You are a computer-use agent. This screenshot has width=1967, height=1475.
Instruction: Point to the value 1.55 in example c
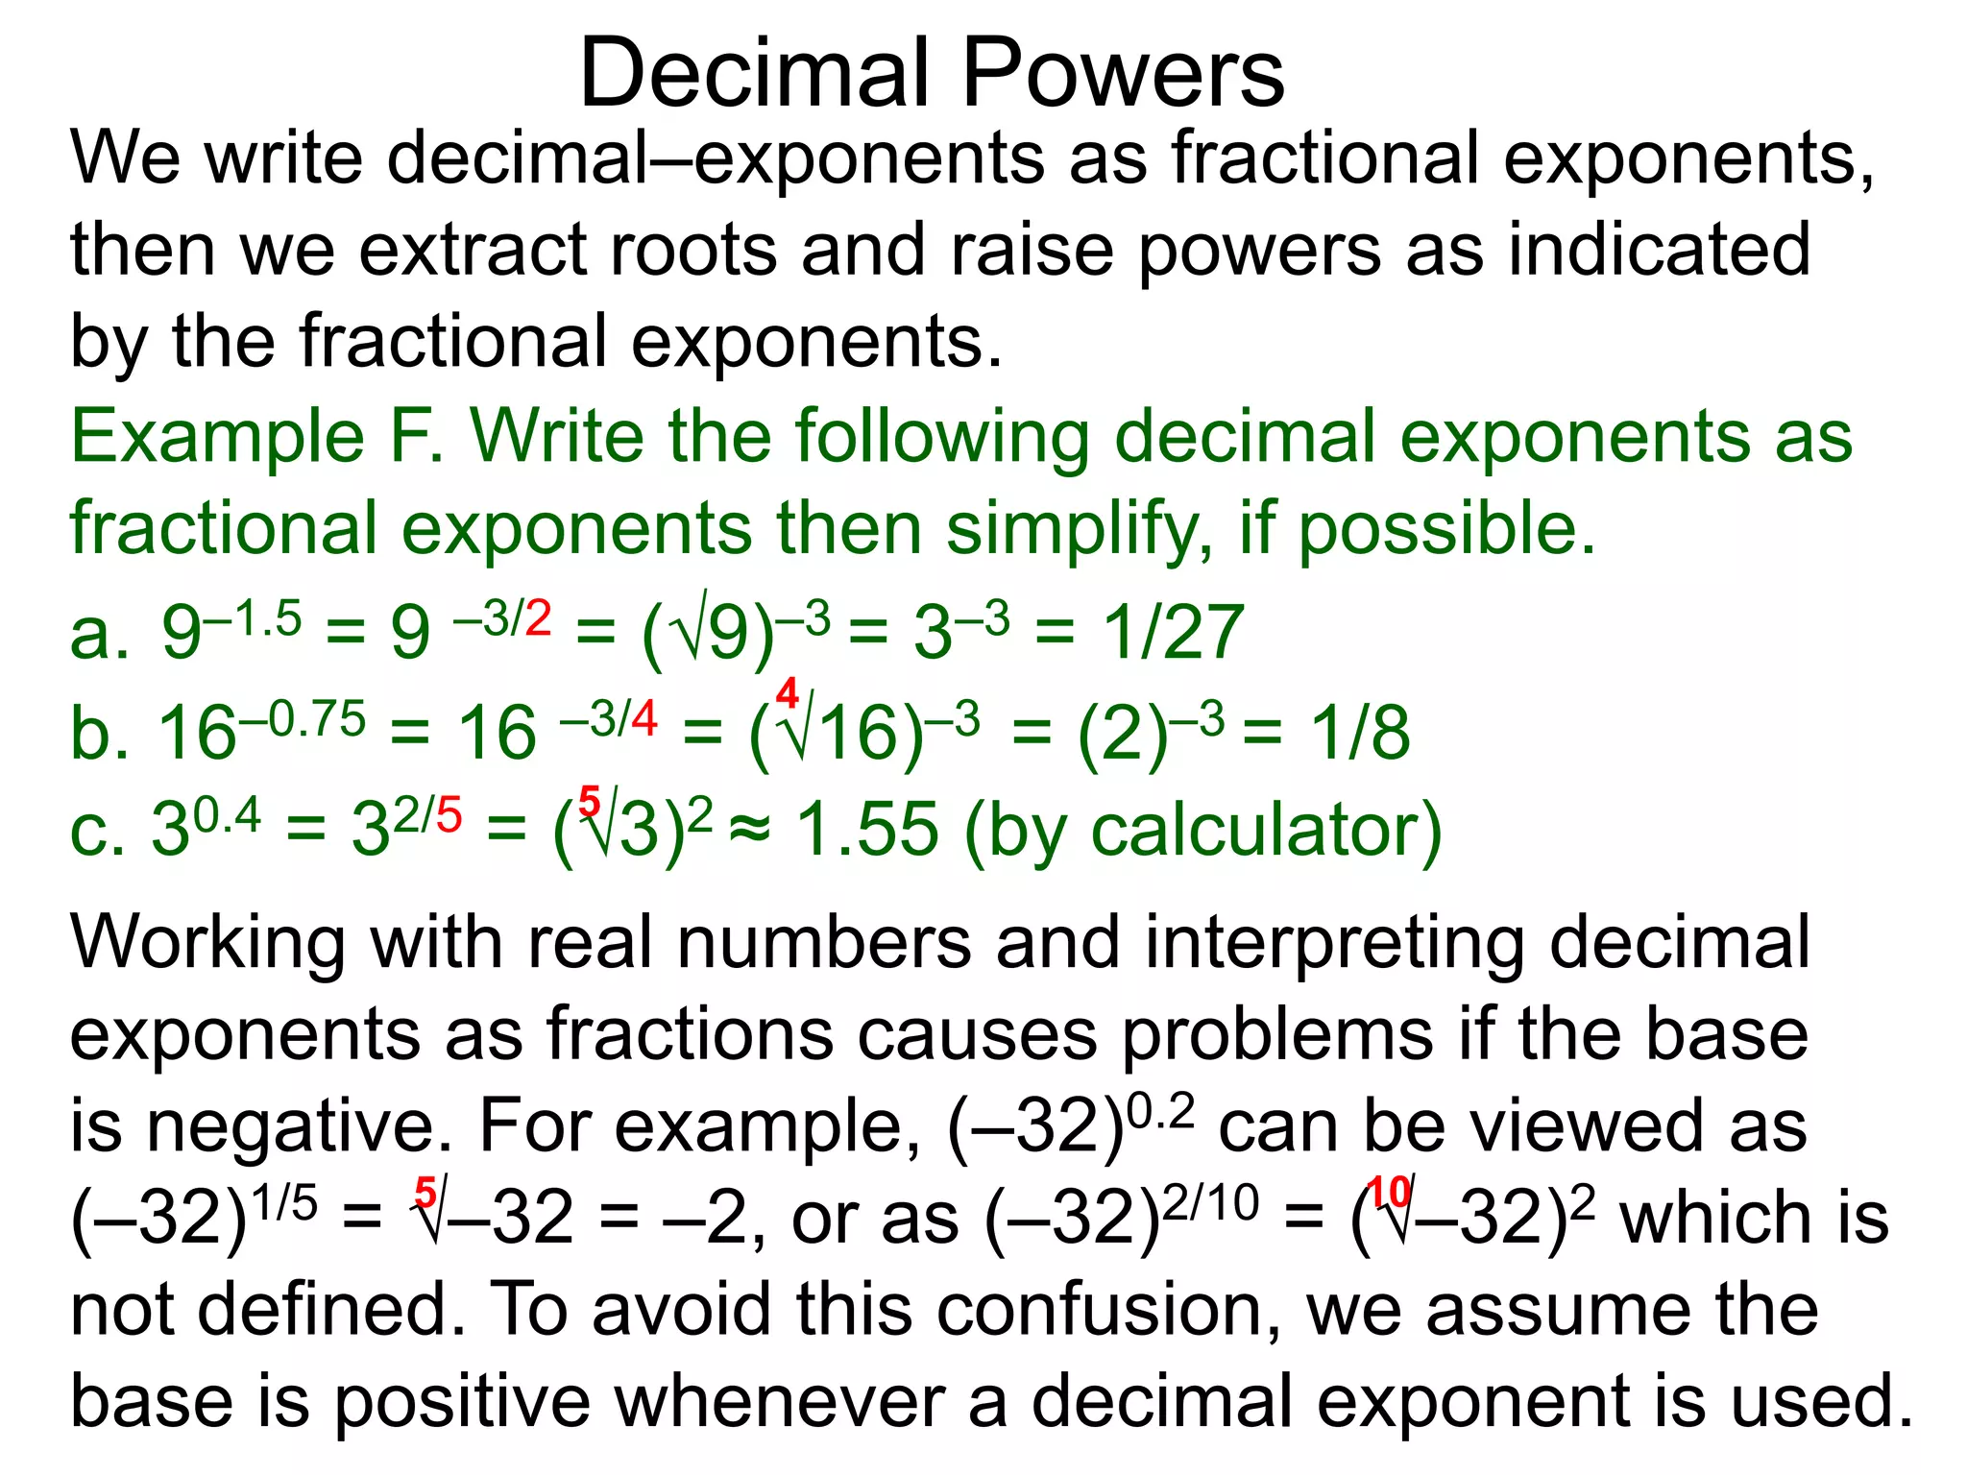click(867, 830)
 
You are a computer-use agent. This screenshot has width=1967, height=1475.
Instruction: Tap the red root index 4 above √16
click(787, 692)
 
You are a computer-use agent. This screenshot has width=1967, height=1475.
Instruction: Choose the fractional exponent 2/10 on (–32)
click(1210, 1201)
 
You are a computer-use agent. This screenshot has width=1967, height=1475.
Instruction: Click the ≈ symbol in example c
click(750, 830)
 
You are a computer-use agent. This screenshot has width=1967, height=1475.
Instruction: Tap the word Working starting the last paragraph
click(207, 943)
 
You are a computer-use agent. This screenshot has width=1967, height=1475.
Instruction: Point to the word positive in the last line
click(461, 1402)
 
